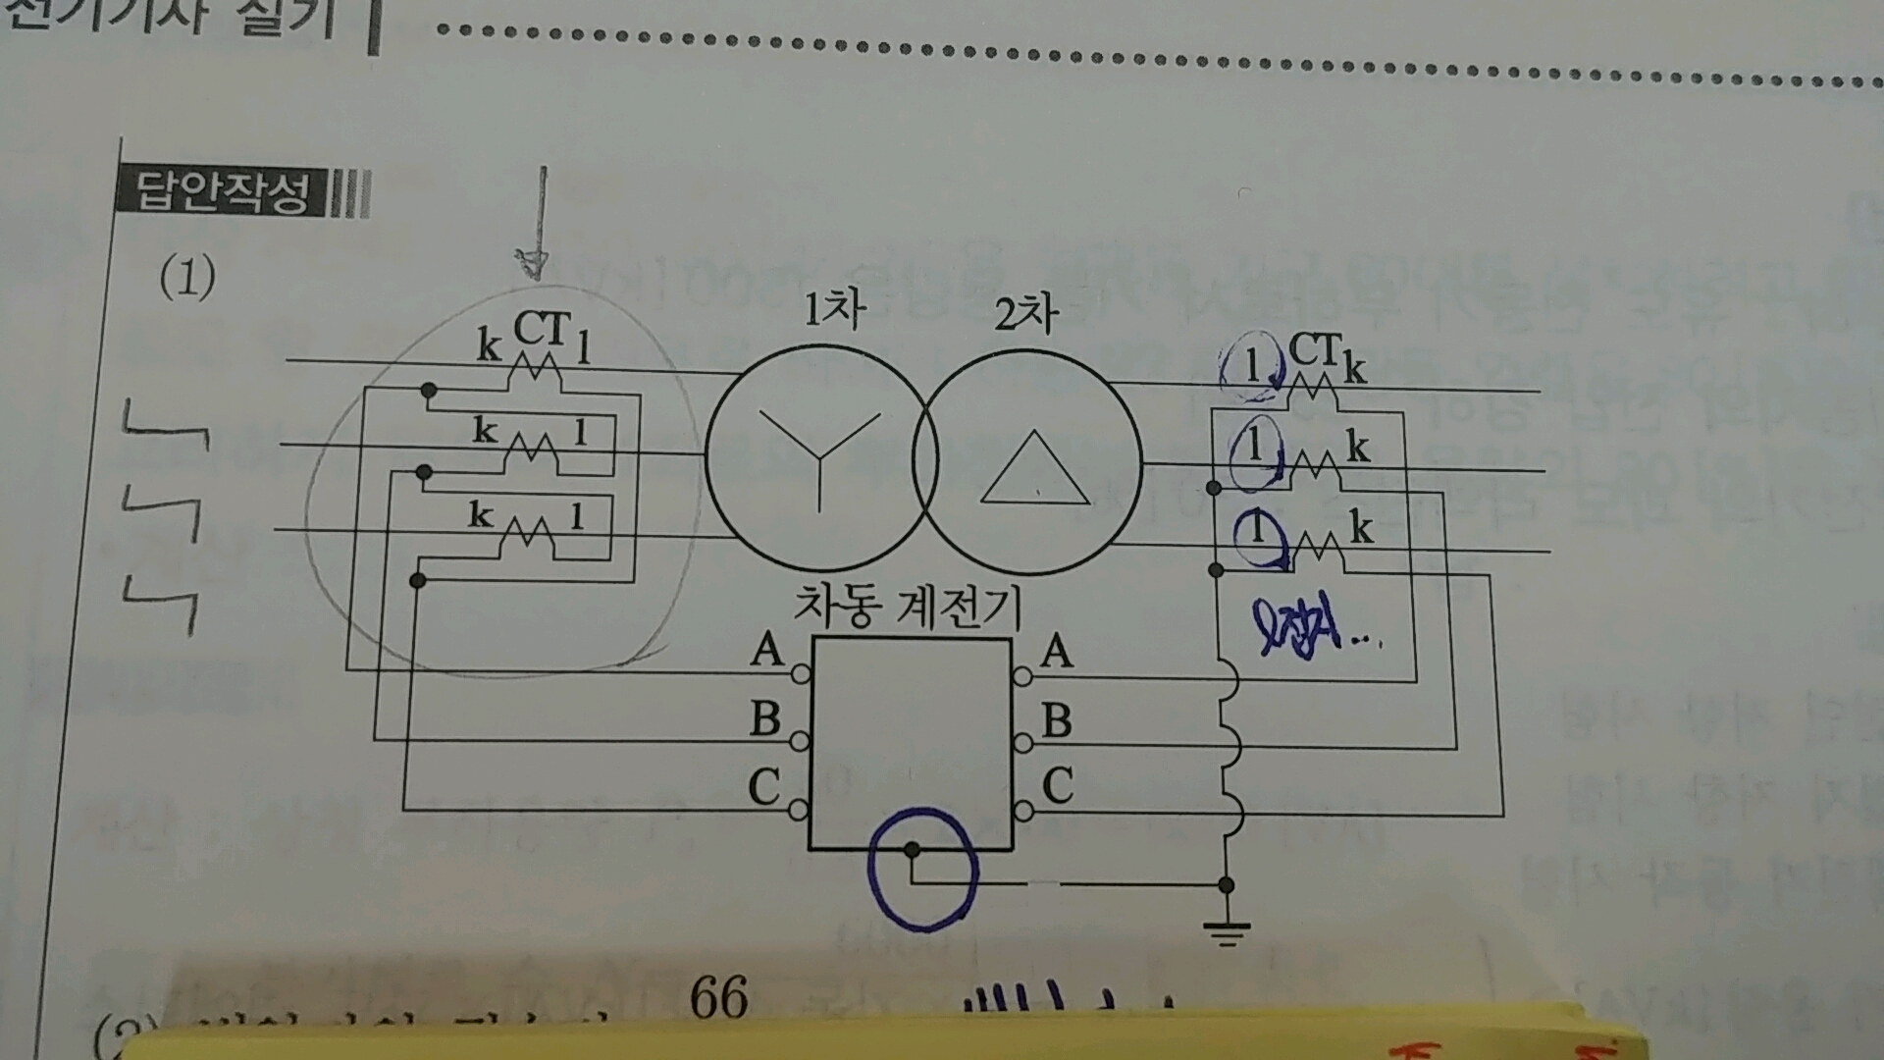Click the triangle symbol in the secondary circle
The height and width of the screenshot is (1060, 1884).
point(1034,469)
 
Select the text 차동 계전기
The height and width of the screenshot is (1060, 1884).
point(907,608)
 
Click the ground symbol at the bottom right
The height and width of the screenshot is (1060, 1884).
point(1226,929)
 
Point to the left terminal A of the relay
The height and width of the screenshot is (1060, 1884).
point(800,674)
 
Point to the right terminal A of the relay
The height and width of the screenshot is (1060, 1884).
point(1021,675)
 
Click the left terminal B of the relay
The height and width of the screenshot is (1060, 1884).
point(800,740)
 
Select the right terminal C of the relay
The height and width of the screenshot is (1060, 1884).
point(1021,811)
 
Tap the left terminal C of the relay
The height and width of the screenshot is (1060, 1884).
point(799,811)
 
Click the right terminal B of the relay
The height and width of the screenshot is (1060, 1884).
point(1021,743)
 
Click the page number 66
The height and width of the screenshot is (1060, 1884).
point(718,997)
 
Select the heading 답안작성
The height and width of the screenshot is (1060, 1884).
point(222,193)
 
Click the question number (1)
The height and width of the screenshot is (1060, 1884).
point(186,278)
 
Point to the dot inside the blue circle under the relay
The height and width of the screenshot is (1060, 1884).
point(912,849)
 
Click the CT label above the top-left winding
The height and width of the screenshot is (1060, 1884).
point(541,329)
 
